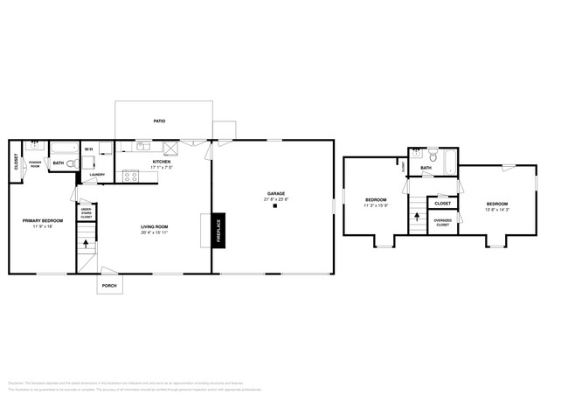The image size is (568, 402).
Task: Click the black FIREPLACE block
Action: pyautogui.click(x=218, y=230)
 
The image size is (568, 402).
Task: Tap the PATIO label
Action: pyautogui.click(x=160, y=121)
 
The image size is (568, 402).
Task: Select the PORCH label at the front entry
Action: pyautogui.click(x=109, y=285)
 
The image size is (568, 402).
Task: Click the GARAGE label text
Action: pyautogui.click(x=276, y=194)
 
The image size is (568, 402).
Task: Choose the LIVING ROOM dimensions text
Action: pyautogui.click(x=155, y=232)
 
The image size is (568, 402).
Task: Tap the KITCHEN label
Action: pyautogui.click(x=162, y=162)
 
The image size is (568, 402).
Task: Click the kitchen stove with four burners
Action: pyautogui.click(x=130, y=176)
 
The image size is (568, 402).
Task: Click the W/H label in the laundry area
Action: pyautogui.click(x=88, y=149)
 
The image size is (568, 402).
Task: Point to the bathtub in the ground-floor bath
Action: pyautogui.click(x=63, y=148)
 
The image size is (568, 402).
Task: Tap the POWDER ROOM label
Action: pyautogui.click(x=35, y=163)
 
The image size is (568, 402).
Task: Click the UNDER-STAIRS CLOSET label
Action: pyautogui.click(x=87, y=212)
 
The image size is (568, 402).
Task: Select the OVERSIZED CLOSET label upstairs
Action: pyautogui.click(x=443, y=223)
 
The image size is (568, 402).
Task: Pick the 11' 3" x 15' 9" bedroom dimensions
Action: pyautogui.click(x=376, y=205)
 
